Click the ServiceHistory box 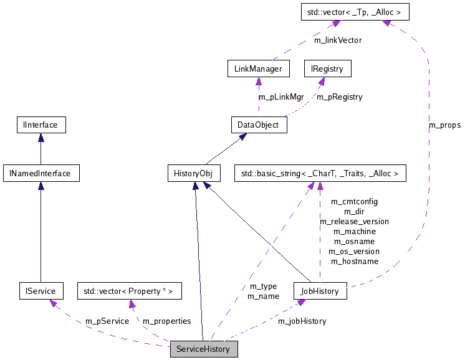(204, 349)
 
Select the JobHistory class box (320, 291)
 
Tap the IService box (41, 291)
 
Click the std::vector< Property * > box (129, 291)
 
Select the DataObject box (259, 125)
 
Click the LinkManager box (258, 69)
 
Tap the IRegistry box (327, 69)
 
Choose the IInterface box (41, 125)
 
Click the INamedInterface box (41, 173)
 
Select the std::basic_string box (319, 173)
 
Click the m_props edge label (444, 125)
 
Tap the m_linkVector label (337, 40)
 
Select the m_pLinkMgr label (280, 97)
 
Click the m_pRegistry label (339, 97)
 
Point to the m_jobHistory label (302, 321)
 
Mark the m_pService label (107, 321)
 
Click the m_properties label (167, 321)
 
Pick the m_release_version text (354, 221)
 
